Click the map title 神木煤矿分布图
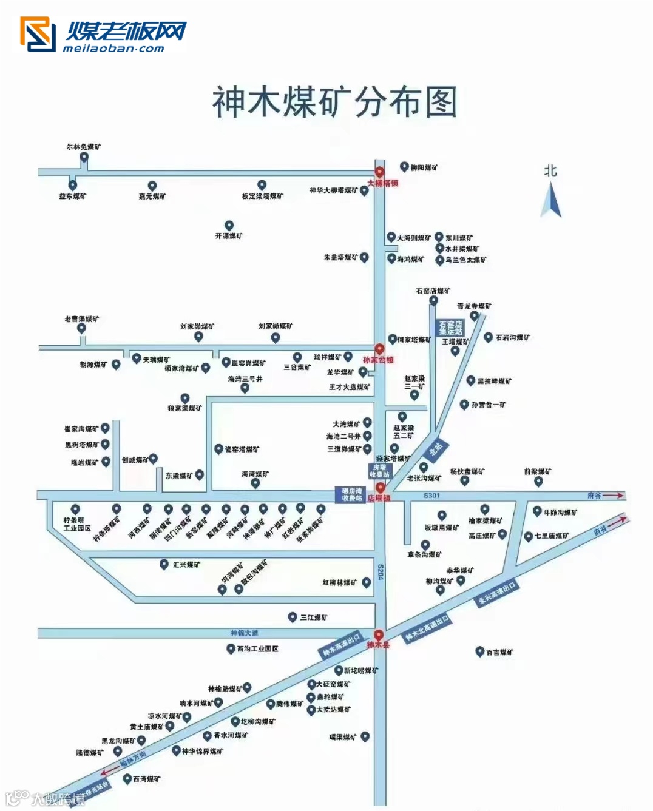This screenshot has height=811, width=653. tap(334, 102)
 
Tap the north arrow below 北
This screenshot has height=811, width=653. tap(551, 200)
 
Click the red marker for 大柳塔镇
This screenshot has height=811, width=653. tap(379, 172)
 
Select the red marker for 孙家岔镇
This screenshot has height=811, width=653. tap(379, 349)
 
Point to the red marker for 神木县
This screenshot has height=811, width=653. tap(379, 635)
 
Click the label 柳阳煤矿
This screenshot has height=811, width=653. tap(424, 167)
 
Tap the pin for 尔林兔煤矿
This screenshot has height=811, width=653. tap(84, 157)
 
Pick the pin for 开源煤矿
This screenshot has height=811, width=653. tap(229, 226)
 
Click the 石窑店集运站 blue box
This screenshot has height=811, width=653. tap(451, 328)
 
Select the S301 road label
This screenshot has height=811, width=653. tap(431, 496)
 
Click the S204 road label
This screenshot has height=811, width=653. tap(381, 572)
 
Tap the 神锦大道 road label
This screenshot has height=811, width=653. tap(245, 633)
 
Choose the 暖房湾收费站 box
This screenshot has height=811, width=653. tap(351, 494)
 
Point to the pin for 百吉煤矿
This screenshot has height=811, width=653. tap(479, 651)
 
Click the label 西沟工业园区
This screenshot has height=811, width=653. tap(258, 649)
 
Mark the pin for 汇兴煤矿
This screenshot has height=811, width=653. tap(164, 564)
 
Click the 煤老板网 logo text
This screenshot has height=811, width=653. tap(126, 32)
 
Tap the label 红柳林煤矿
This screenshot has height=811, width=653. tap(340, 583)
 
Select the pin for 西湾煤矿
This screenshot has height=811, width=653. tap(127, 778)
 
